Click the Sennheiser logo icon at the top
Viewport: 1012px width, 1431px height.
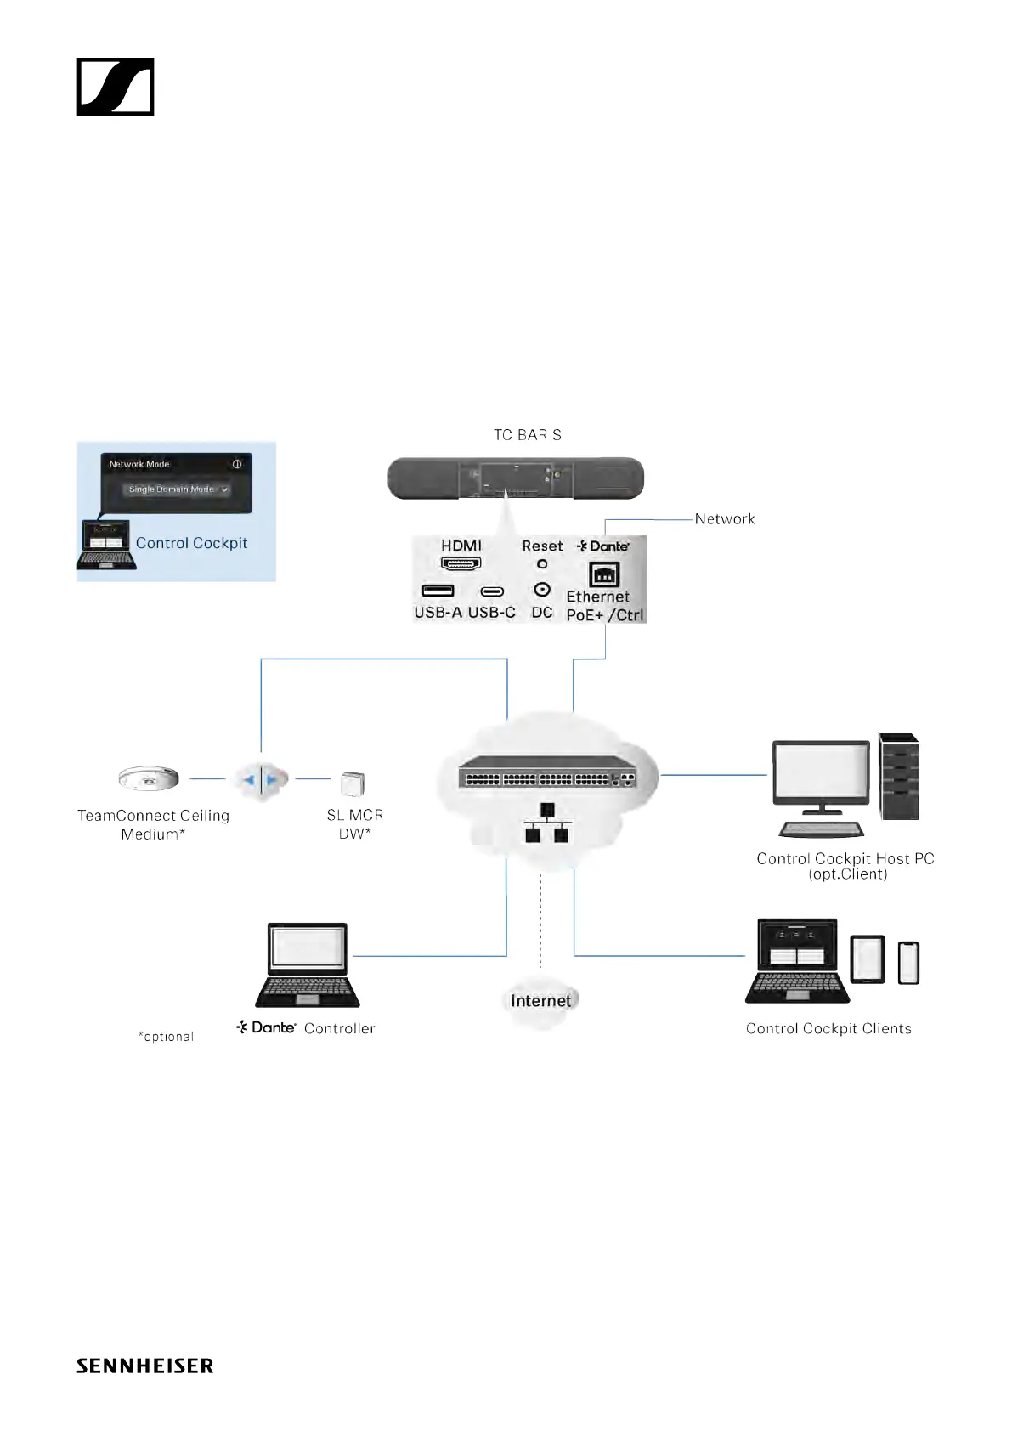pyautogui.click(x=116, y=87)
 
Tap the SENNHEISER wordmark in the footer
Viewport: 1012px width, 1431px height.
pyautogui.click(x=144, y=1366)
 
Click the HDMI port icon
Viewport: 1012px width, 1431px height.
pyautogui.click(x=461, y=563)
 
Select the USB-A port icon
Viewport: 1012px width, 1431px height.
pyautogui.click(x=438, y=591)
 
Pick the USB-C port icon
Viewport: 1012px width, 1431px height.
pyautogui.click(x=492, y=591)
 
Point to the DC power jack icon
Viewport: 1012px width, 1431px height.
pyautogui.click(x=542, y=590)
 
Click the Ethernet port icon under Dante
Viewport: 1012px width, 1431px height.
pyautogui.click(x=604, y=575)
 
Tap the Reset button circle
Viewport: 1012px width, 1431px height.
pyautogui.click(x=542, y=564)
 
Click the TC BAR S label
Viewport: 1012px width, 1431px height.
pyautogui.click(x=527, y=435)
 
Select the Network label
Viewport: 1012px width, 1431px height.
pyautogui.click(x=724, y=519)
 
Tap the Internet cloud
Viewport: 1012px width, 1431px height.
pyautogui.click(x=540, y=1001)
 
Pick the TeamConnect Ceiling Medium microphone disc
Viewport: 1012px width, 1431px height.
pyautogui.click(x=149, y=778)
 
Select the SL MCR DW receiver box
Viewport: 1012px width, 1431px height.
pyautogui.click(x=352, y=783)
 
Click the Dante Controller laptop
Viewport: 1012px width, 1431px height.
pyautogui.click(x=307, y=965)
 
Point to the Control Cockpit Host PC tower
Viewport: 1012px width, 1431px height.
pyautogui.click(x=899, y=777)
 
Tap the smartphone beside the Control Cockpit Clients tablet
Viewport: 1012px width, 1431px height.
pyautogui.click(x=908, y=963)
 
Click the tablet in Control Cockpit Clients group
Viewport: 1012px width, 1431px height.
pyautogui.click(x=868, y=960)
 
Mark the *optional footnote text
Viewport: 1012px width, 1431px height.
pyautogui.click(x=166, y=1037)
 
